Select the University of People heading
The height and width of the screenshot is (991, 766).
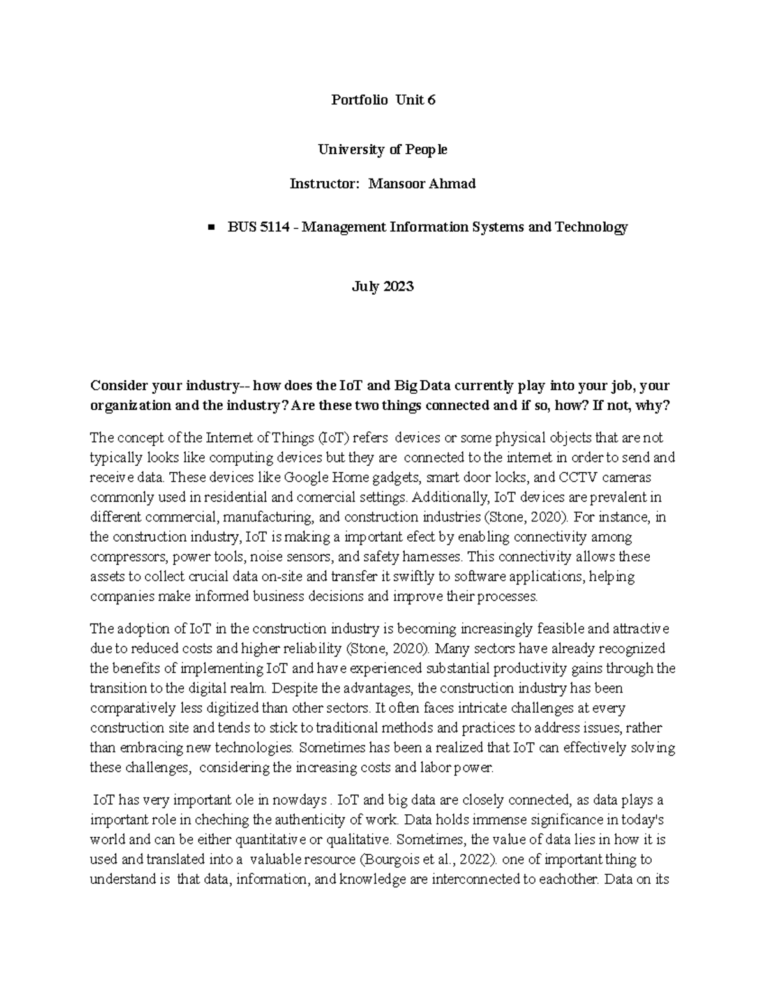pos(383,149)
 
